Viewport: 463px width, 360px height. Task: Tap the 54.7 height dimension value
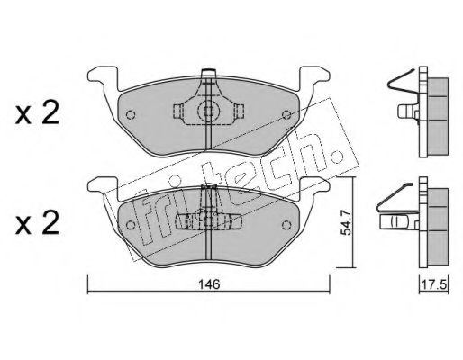tap(346, 222)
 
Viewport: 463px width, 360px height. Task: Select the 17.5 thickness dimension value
tap(434, 283)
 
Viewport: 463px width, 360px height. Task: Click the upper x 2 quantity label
tap(37, 114)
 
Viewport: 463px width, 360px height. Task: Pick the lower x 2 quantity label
tap(37, 225)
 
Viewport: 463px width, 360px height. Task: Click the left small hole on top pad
tap(131, 114)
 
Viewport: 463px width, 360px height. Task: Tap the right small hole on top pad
tap(286, 114)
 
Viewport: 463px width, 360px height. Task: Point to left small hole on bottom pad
tap(131, 225)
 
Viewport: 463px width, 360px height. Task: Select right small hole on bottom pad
tap(286, 225)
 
